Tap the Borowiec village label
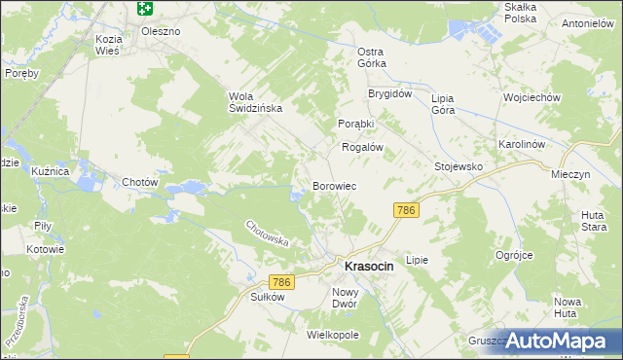[x=338, y=185]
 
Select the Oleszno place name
[x=161, y=31]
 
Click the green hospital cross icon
[x=145, y=9]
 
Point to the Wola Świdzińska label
[x=255, y=102]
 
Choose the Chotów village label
[x=140, y=182]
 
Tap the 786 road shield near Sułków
[x=282, y=282]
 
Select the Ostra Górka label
[x=372, y=57]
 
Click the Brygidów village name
[x=390, y=94]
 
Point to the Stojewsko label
[x=458, y=166]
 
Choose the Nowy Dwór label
[x=346, y=298]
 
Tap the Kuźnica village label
[x=50, y=171]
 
